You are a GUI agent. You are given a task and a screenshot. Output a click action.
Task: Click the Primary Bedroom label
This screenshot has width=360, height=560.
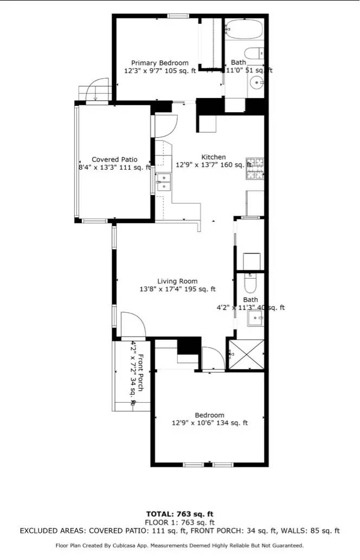pyautogui.click(x=160, y=63)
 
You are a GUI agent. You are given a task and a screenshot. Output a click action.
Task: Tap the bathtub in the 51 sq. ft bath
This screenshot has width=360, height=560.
pyautogui.click(x=244, y=28)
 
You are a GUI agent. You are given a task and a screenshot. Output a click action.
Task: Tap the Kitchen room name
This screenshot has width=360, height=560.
pyautogui.click(x=214, y=157)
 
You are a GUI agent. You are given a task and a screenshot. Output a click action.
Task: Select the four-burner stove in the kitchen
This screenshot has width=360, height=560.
pyautogui.click(x=256, y=169)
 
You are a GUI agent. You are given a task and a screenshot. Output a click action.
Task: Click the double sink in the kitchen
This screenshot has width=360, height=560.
pyautogui.click(x=163, y=182)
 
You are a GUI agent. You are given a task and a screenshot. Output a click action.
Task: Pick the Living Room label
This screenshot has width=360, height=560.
pyautogui.click(x=177, y=281)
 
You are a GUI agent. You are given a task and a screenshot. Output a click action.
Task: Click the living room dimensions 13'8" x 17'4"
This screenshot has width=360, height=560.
pyautogui.click(x=177, y=289)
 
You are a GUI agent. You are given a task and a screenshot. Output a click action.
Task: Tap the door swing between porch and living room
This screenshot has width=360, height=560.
pyautogui.click(x=133, y=325)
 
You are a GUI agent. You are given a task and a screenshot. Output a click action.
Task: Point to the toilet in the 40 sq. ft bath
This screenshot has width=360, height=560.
pyautogui.click(x=250, y=283)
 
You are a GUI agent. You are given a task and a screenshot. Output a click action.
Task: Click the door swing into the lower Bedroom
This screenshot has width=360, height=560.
pyautogui.click(x=212, y=358)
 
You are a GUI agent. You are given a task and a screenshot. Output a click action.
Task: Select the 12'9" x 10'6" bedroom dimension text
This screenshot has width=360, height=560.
pyautogui.click(x=209, y=423)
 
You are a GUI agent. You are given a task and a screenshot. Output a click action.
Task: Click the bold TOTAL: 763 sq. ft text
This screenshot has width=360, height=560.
pyautogui.click(x=179, y=513)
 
